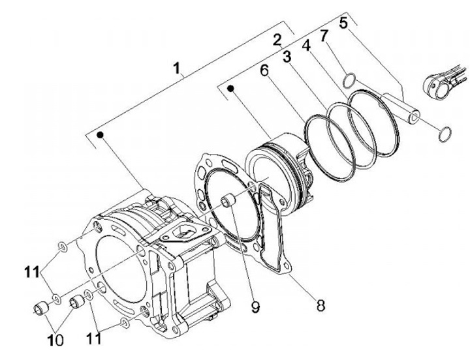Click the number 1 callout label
pyautogui.click(x=178, y=68)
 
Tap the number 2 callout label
pyautogui.click(x=277, y=40)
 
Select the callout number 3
pyautogui.click(x=287, y=57)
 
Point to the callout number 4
pyautogui.click(x=306, y=46)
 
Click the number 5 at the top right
pyautogui.click(x=343, y=23)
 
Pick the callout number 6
pyautogui.click(x=264, y=70)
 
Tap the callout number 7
pyautogui.click(x=324, y=36)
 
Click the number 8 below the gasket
pyautogui.click(x=320, y=306)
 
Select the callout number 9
pyautogui.click(x=255, y=307)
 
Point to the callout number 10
pyautogui.click(x=55, y=340)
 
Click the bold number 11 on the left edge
pyautogui.click(x=32, y=273)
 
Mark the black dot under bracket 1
pyautogui.click(x=100, y=135)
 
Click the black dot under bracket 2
pyautogui.click(x=230, y=88)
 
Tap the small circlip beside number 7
pyautogui.click(x=349, y=81)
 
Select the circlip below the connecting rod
pyautogui.click(x=445, y=134)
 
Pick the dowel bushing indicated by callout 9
pyautogui.click(x=228, y=200)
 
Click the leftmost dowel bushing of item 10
pyautogui.click(x=40, y=308)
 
